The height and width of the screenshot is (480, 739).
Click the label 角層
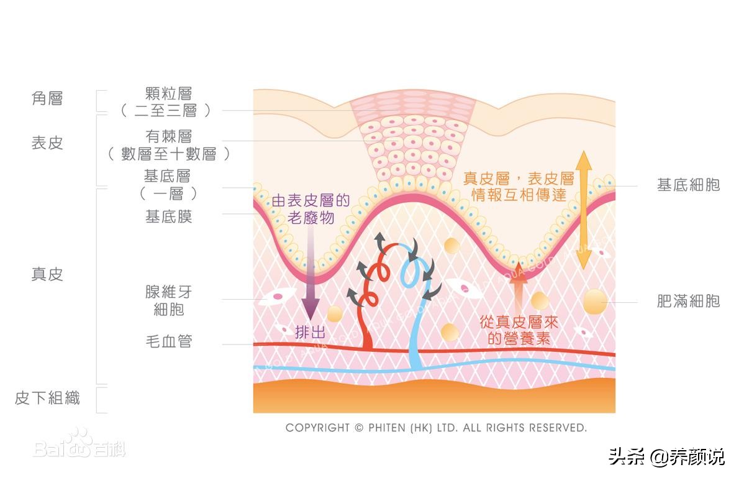pos(47,98)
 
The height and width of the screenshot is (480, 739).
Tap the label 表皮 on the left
pos(47,142)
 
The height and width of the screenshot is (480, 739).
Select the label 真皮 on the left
pos(47,274)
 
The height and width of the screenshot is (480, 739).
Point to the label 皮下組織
pos(47,398)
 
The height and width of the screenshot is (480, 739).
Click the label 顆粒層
pos(168,93)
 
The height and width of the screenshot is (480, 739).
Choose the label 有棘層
pos(168,136)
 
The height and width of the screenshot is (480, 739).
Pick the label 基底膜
pos(168,216)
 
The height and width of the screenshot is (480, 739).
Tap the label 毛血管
pos(168,341)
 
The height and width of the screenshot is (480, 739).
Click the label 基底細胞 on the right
pos(688,185)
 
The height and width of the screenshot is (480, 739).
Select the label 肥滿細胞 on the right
pos(688,301)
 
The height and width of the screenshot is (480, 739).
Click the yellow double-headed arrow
pos(584,210)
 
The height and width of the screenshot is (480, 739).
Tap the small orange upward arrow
pos(519,288)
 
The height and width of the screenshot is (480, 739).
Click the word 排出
pos(310,332)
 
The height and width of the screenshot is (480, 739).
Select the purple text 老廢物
pos(311,218)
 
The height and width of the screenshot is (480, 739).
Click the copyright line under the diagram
pos(436,428)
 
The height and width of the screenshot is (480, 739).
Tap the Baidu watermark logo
pos(79,444)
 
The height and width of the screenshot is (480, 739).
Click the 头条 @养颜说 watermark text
pos(666,456)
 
